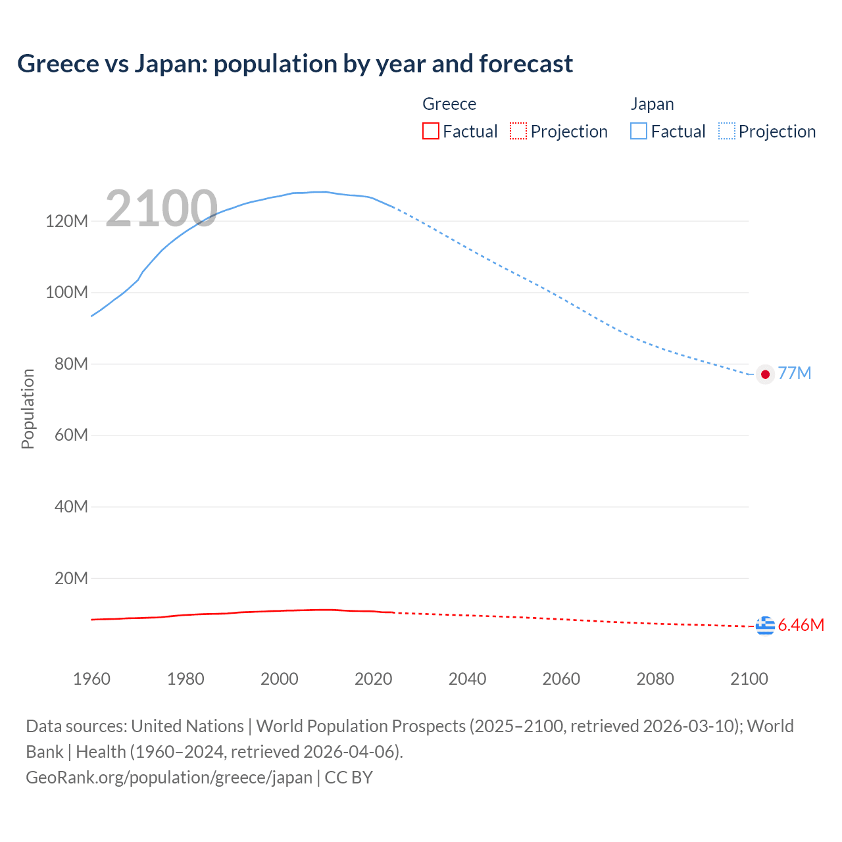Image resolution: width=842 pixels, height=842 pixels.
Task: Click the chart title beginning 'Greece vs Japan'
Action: (295, 64)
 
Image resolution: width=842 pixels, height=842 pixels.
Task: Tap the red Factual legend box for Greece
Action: (430, 131)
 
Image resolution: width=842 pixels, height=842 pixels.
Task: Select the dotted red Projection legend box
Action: (518, 131)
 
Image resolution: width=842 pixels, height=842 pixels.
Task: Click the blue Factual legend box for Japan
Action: (638, 131)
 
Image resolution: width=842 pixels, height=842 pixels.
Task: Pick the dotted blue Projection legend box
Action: (726, 131)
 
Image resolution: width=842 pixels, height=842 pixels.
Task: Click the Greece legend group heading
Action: (449, 104)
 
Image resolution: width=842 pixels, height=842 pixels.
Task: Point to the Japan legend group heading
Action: (652, 104)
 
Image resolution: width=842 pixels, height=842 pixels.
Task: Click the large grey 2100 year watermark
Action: (161, 209)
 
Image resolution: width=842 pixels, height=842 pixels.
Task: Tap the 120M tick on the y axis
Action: (66, 221)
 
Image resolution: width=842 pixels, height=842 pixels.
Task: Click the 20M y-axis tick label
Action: (70, 579)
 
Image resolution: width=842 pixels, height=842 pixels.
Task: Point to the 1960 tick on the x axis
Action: (91, 679)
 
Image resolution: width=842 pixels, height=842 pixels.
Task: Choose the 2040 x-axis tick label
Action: (467, 679)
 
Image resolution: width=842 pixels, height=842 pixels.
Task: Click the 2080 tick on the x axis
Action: (655, 679)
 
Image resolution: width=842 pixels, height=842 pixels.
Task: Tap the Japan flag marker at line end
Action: (765, 374)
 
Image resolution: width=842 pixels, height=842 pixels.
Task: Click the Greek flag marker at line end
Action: (765, 626)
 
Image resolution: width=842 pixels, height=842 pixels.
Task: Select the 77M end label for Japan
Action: (795, 374)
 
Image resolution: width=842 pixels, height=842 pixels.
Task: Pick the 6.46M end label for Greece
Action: (801, 625)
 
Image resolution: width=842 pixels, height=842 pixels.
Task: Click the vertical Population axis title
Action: (28, 409)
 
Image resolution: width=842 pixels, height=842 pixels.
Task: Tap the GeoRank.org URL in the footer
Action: (169, 778)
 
